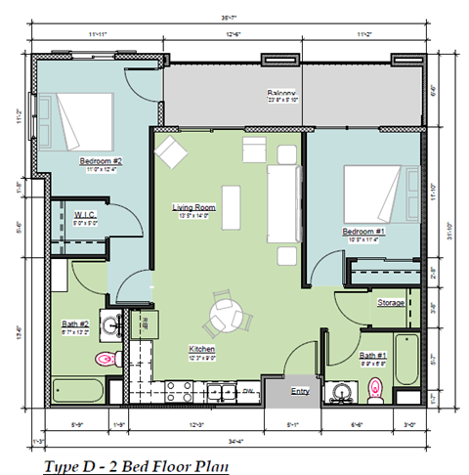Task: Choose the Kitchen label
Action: click(202, 349)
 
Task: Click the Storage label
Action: click(392, 303)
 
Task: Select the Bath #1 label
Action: click(372, 356)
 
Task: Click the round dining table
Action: click(229, 315)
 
